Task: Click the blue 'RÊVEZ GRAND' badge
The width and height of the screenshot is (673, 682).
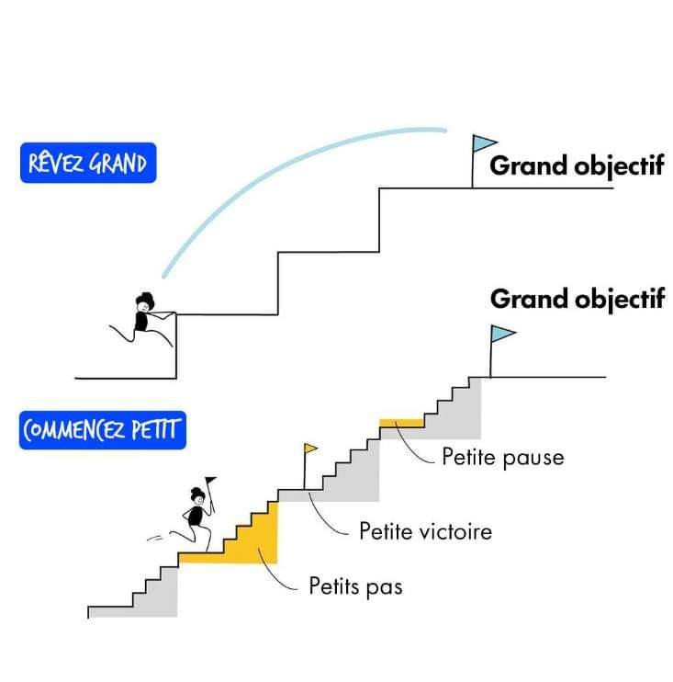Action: (88, 165)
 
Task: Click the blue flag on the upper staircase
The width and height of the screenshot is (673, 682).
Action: (483, 144)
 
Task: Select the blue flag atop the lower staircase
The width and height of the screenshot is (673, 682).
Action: (502, 334)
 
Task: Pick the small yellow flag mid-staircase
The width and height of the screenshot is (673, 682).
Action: (310, 449)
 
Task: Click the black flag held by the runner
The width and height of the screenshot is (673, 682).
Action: (211, 480)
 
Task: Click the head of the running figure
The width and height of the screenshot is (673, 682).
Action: (196, 497)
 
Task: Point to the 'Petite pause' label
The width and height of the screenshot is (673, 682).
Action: (502, 456)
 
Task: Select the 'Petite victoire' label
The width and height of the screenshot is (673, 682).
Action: (425, 531)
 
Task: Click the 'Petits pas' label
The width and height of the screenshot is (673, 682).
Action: (355, 585)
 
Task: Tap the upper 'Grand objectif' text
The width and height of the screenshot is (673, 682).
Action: (577, 166)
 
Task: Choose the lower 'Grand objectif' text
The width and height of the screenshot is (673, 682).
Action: (577, 300)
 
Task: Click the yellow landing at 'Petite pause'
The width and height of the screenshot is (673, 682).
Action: (401, 423)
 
